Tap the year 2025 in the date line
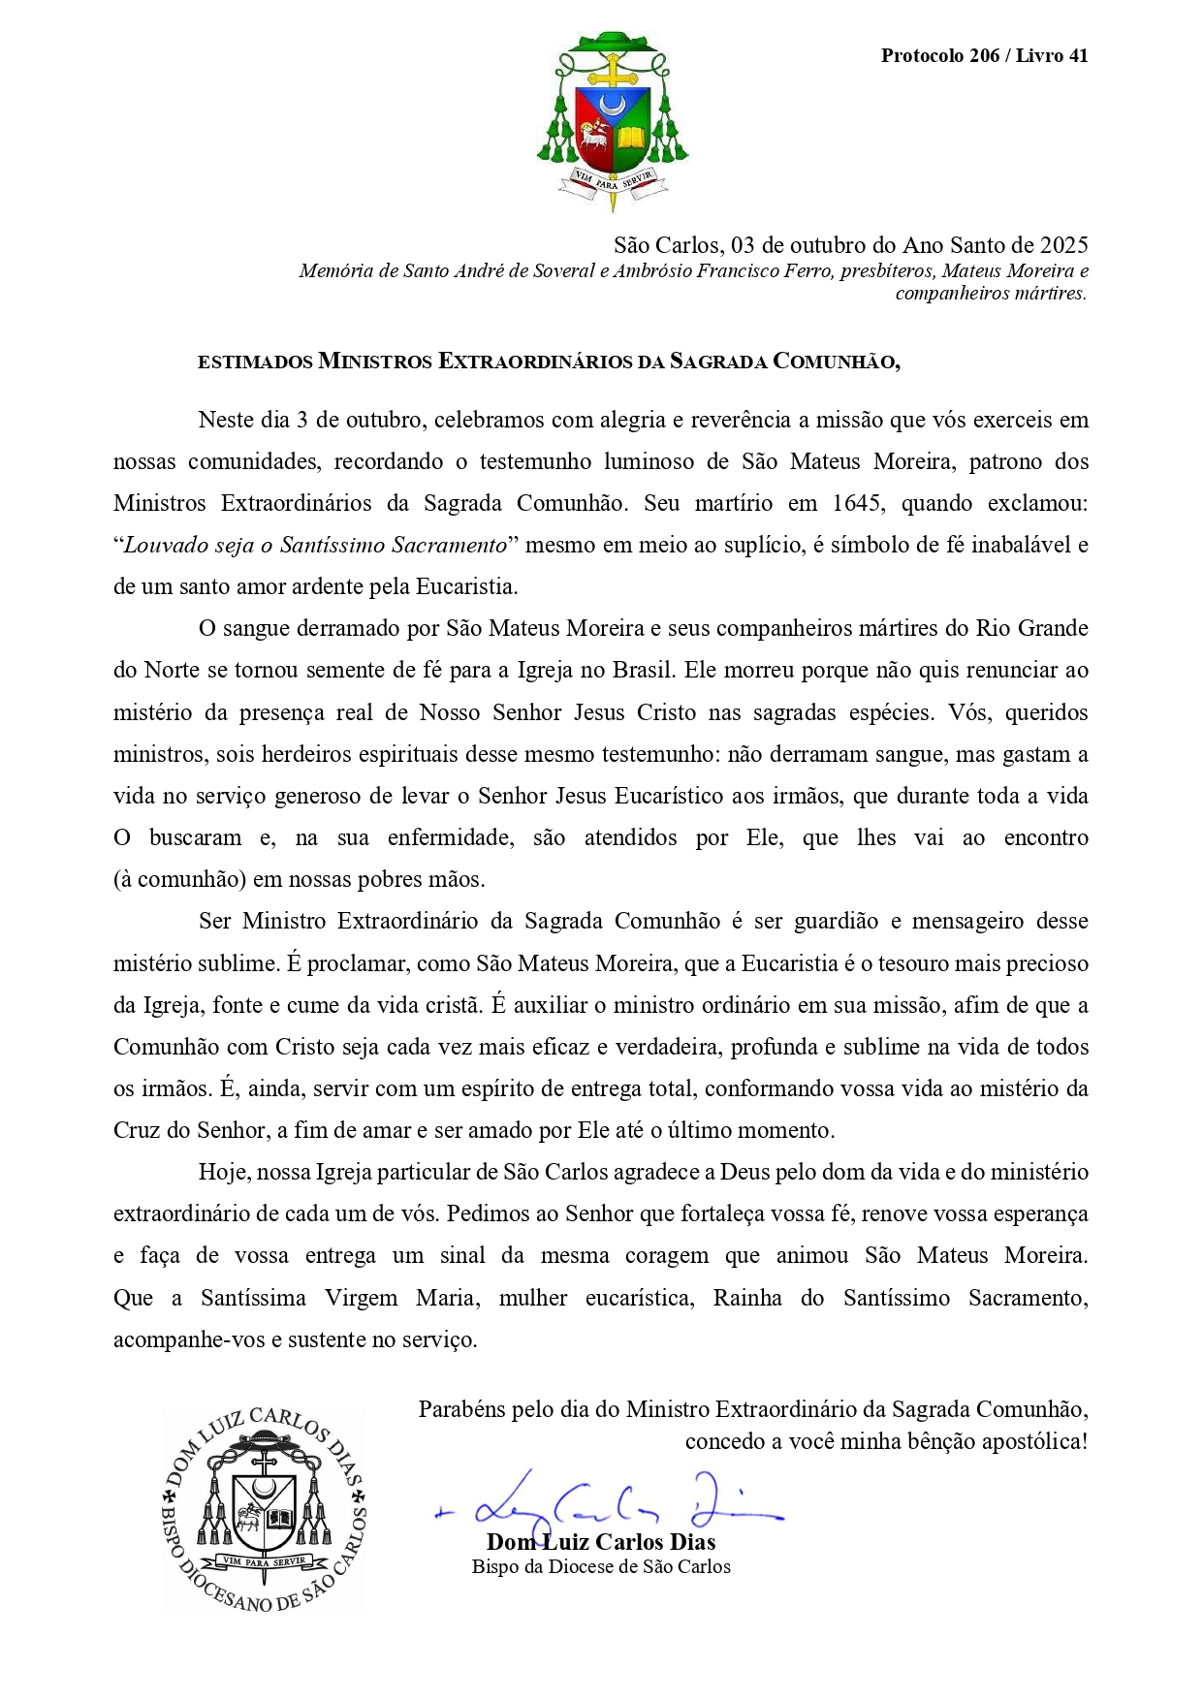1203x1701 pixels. [x=1063, y=244]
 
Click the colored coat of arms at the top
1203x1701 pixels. [x=613, y=121]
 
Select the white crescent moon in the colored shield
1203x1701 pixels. [x=613, y=102]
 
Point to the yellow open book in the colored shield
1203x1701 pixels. [x=631, y=138]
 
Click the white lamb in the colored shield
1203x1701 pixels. [x=592, y=138]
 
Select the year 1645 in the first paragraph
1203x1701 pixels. [x=856, y=503]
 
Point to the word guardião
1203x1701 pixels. [x=836, y=921]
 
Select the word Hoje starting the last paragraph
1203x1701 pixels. [x=223, y=1172]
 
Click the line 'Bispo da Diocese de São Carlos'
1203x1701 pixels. [x=601, y=1567]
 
